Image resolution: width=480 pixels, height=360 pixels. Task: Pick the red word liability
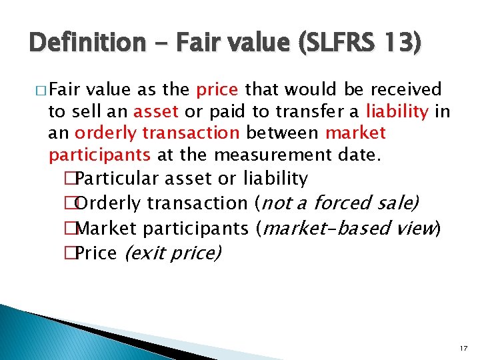(x=398, y=111)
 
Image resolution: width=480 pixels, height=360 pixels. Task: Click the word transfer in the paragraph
(x=315, y=111)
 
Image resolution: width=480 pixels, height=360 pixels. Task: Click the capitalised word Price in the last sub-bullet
(x=97, y=253)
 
